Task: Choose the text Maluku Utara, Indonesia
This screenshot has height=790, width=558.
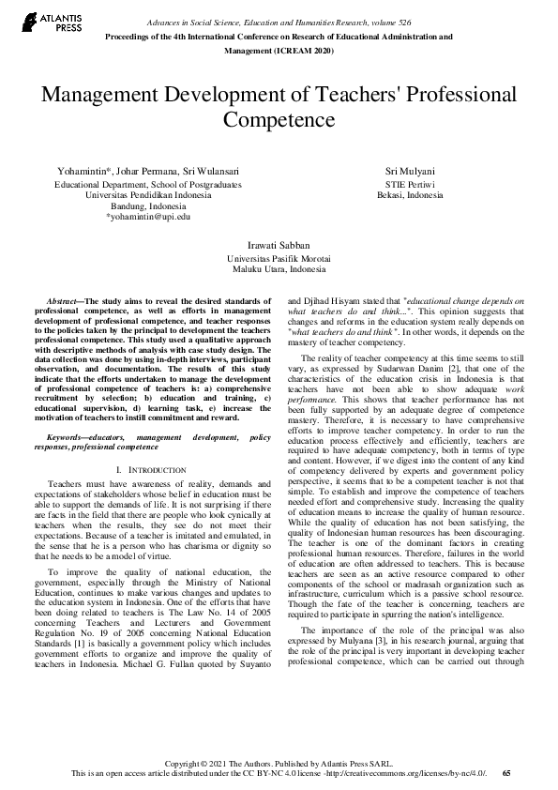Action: coord(279,268)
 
